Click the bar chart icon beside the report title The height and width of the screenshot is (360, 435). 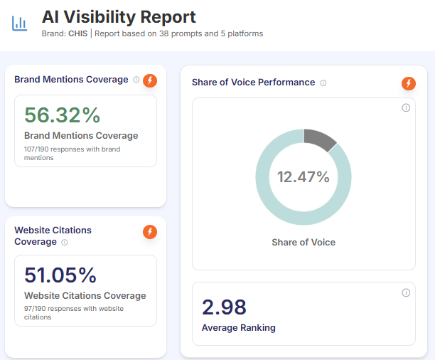(20, 23)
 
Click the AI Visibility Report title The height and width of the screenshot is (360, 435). (119, 17)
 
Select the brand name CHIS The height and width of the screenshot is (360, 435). (77, 33)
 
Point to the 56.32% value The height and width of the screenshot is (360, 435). (63, 115)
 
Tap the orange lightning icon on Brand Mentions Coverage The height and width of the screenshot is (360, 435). (150, 80)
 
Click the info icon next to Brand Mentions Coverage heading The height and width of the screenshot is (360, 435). (136, 80)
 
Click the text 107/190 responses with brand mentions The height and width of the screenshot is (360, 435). (72, 153)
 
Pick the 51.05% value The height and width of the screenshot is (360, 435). (60, 275)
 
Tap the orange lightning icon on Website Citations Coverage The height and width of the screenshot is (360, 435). (150, 232)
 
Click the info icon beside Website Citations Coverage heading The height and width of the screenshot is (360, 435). (65, 242)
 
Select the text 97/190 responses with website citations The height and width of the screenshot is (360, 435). (73, 312)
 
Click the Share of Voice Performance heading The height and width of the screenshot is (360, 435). (253, 83)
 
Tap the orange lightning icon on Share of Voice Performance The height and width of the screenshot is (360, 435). (408, 83)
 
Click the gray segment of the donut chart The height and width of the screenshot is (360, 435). (319, 139)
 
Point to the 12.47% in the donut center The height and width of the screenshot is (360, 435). (304, 177)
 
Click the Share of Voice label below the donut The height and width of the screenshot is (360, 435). (304, 242)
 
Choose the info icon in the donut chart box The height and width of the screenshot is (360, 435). (406, 108)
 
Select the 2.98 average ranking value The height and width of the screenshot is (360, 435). (224, 307)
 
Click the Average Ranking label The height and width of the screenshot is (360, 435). (239, 328)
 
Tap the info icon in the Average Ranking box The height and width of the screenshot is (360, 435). (406, 292)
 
